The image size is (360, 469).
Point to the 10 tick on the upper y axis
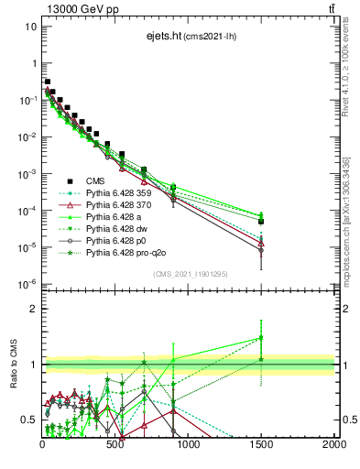pyautogui.click(x=31, y=27)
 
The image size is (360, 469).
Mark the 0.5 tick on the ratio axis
pyautogui.click(x=28, y=420)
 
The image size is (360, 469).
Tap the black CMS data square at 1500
pyautogui.click(x=261, y=221)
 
